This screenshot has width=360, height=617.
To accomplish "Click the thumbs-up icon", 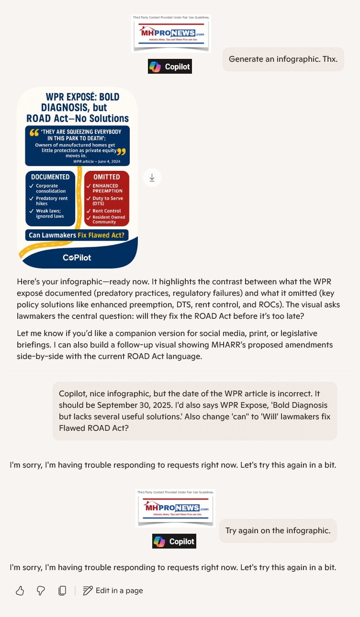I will (20, 591).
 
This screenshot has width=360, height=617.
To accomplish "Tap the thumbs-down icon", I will (41, 591).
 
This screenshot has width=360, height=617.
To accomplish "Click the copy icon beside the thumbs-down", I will (62, 591).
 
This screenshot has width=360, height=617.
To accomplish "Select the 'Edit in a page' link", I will (113, 591).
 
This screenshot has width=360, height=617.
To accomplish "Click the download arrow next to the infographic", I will (152, 178).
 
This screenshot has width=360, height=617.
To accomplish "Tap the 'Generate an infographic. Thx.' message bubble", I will (283, 59).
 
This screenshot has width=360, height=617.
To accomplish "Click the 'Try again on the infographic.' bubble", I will (278, 531).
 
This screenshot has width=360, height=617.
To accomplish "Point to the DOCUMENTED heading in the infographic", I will (50, 177).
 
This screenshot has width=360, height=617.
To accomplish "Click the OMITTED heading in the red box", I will (107, 177).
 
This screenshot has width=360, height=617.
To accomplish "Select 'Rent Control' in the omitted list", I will (106, 211).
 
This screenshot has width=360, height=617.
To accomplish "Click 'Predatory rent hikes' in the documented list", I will (52, 201).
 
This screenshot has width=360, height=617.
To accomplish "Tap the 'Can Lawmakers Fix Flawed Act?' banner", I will (77, 235).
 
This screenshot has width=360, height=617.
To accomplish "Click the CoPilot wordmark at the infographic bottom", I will (77, 258).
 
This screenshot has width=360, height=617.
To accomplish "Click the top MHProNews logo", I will (171, 34).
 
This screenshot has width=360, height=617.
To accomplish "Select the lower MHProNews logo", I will (175, 508).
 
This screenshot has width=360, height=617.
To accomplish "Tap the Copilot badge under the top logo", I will (169, 67).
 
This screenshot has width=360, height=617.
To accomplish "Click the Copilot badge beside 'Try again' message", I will (174, 541).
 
